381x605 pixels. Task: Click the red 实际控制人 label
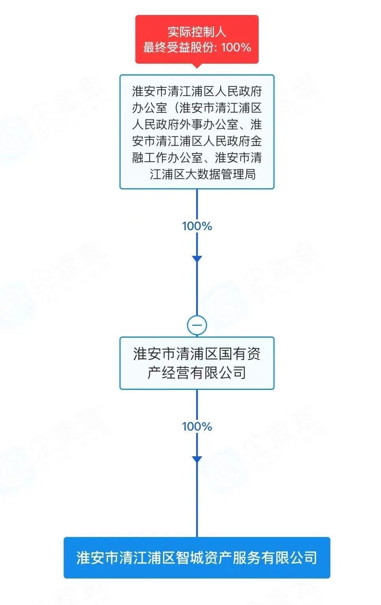[197, 32]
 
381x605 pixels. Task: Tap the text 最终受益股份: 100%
[197, 47]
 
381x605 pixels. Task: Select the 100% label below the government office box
[197, 226]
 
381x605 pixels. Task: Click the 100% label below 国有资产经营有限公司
[197, 426]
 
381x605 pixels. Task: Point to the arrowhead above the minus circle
[197, 259]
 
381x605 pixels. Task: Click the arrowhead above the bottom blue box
[197, 459]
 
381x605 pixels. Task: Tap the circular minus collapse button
[197, 325]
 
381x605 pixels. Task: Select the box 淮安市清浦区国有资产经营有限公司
[197, 363]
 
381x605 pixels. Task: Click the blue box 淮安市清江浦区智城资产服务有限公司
[197, 558]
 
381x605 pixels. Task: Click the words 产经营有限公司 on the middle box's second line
[197, 372]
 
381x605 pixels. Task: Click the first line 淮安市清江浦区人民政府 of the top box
[197, 92]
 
